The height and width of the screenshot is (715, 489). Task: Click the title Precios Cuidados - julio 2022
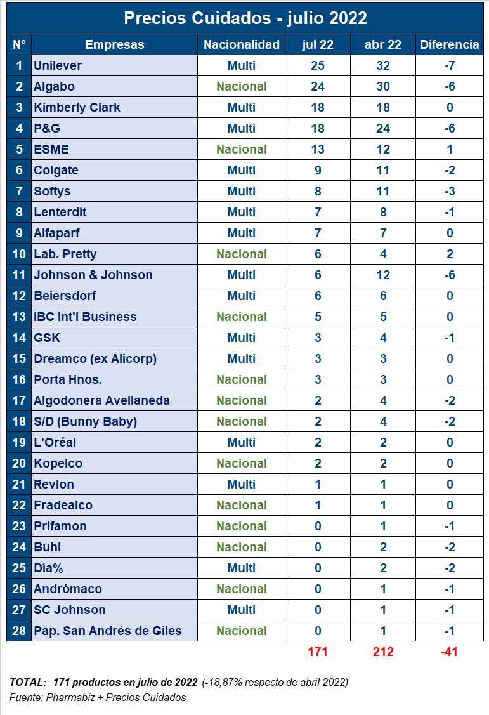point(245,18)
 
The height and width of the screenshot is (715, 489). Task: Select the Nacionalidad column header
point(241,44)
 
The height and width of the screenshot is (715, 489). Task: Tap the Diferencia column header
point(449,44)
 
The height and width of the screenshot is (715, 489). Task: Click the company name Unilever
point(58,65)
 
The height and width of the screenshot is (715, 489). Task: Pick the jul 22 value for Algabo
point(318,86)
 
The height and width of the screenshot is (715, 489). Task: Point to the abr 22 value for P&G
point(383,128)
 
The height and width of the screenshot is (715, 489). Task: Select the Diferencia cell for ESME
point(449,149)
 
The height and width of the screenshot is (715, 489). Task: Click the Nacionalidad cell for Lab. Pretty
point(241,254)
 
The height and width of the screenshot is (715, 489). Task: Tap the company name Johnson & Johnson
point(93,275)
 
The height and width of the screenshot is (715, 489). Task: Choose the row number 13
point(19,317)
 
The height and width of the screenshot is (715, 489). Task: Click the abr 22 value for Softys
point(383,191)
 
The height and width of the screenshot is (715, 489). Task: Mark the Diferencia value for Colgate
point(449,170)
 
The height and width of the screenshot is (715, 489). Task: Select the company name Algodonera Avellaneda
point(101,400)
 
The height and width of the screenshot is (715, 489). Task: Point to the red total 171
point(318,652)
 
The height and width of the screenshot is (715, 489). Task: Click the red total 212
point(383,652)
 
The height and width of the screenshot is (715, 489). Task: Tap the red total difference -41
point(449,652)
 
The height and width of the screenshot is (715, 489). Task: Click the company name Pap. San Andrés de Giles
point(108,631)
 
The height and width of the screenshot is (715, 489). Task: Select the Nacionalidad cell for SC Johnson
point(241,610)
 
